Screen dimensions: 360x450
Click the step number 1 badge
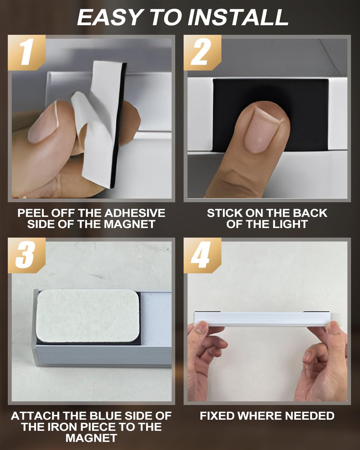[27, 52]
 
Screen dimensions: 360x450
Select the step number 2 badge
[202, 52]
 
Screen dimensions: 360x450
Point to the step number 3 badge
[27, 255]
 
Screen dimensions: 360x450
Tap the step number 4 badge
[202, 255]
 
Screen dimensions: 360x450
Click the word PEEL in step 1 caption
[33, 213]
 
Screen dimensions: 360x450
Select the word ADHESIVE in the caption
[135, 213]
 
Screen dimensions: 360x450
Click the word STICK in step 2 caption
[225, 213]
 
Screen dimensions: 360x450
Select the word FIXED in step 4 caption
[217, 416]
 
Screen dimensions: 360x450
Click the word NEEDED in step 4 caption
[310, 416]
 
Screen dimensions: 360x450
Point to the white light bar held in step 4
[262, 319]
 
